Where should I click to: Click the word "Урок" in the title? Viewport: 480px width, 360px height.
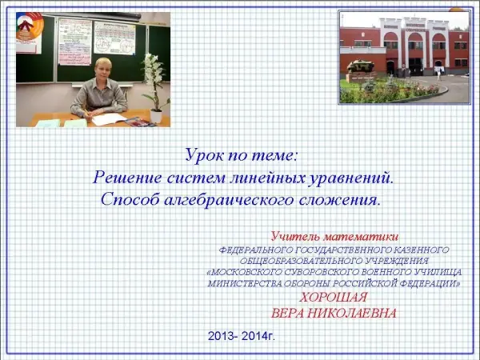click(205, 155)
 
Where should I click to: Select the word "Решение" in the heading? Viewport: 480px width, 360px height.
click(127, 178)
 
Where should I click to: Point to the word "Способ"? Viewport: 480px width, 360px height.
click(130, 200)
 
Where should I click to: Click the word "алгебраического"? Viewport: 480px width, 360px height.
click(230, 200)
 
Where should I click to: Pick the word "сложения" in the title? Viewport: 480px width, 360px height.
click(339, 200)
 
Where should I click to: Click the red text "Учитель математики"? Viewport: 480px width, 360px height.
click(334, 236)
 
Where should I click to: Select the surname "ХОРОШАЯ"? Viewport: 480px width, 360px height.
click(333, 298)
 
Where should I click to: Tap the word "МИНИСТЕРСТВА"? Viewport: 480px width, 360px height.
click(245, 284)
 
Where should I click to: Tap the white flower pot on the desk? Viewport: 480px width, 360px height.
click(156, 116)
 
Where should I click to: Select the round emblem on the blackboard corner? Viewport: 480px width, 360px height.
click(30, 26)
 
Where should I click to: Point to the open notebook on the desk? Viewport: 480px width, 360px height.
click(109, 119)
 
